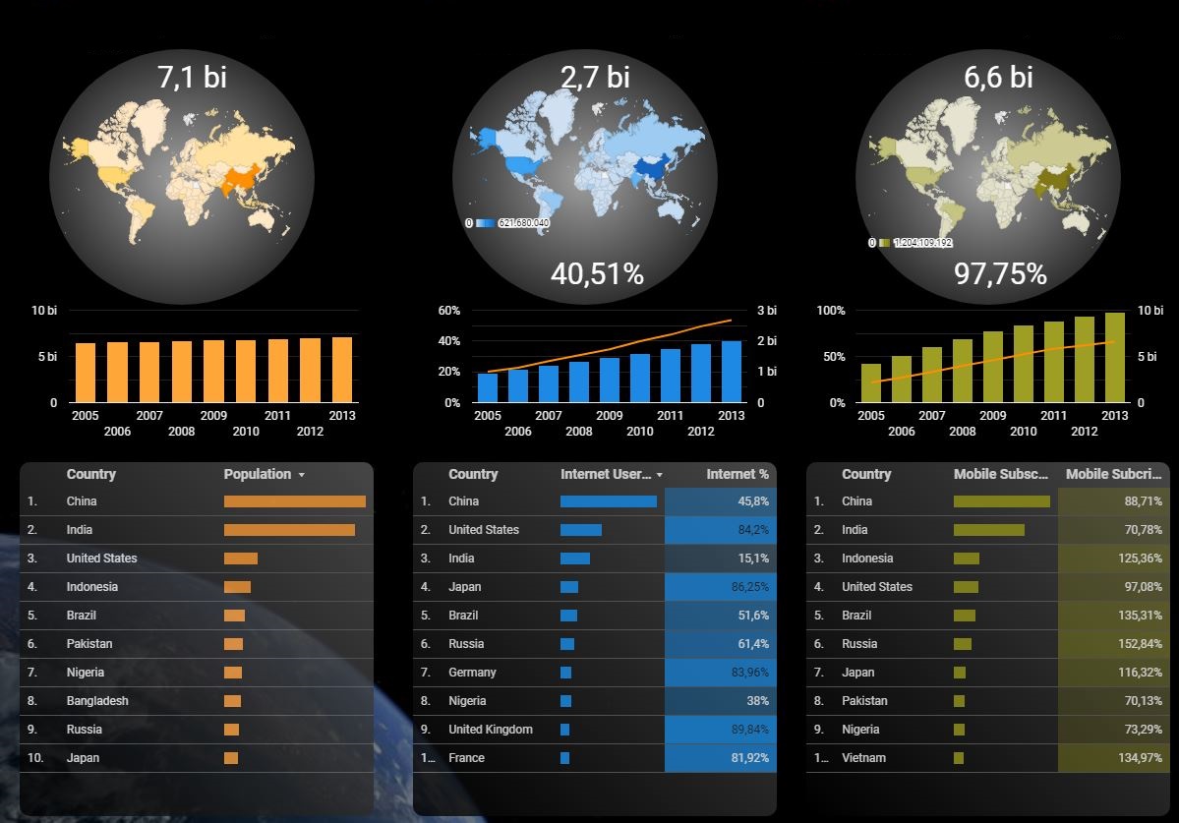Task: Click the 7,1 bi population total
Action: [x=192, y=77]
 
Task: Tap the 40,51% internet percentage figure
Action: [x=597, y=274]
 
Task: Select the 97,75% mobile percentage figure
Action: [x=1000, y=274]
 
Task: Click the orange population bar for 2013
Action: [x=342, y=370]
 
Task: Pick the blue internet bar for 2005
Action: [x=488, y=387]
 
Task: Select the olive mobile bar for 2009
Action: [x=993, y=367]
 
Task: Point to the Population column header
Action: [x=258, y=474]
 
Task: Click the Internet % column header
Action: [x=737, y=474]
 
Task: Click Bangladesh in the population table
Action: [x=97, y=701]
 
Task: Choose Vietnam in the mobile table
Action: [x=863, y=758]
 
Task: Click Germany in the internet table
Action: [x=472, y=673]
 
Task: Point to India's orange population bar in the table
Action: [x=289, y=530]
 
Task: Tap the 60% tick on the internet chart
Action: [x=448, y=311]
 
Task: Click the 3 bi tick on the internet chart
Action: [x=766, y=311]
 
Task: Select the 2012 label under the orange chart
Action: [x=311, y=432]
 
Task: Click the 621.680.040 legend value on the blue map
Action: [x=524, y=223]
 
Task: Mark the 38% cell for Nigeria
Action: [x=757, y=701]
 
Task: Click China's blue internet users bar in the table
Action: [x=608, y=501]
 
